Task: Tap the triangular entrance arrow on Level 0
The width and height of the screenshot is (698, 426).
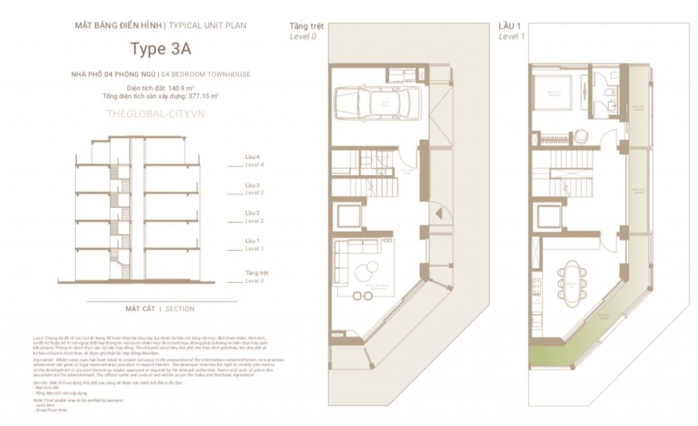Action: click(x=440, y=213)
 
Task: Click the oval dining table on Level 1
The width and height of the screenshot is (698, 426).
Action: click(x=571, y=279)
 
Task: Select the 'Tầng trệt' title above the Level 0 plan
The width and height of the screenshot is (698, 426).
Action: click(x=306, y=27)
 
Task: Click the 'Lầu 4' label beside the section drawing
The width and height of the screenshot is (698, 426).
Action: click(x=253, y=157)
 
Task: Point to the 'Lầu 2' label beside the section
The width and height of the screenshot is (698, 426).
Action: click(x=253, y=213)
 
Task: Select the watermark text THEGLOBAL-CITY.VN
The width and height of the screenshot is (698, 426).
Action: click(x=155, y=114)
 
